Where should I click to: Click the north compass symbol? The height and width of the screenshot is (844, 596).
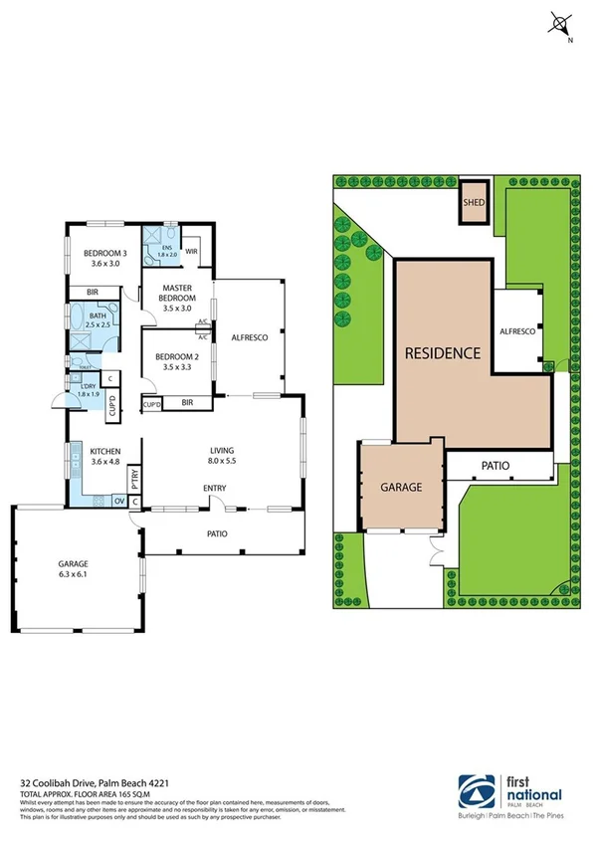coord(562,25)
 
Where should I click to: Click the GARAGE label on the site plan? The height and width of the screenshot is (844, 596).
coord(402,488)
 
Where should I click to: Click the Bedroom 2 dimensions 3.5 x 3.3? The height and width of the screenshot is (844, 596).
coord(174,367)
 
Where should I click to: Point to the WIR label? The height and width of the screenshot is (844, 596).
coord(191,251)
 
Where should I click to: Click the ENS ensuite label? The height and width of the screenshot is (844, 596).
coord(166,248)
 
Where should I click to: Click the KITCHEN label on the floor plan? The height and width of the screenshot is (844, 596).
coord(105,449)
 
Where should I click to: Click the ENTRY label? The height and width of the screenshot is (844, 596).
coord(215,488)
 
